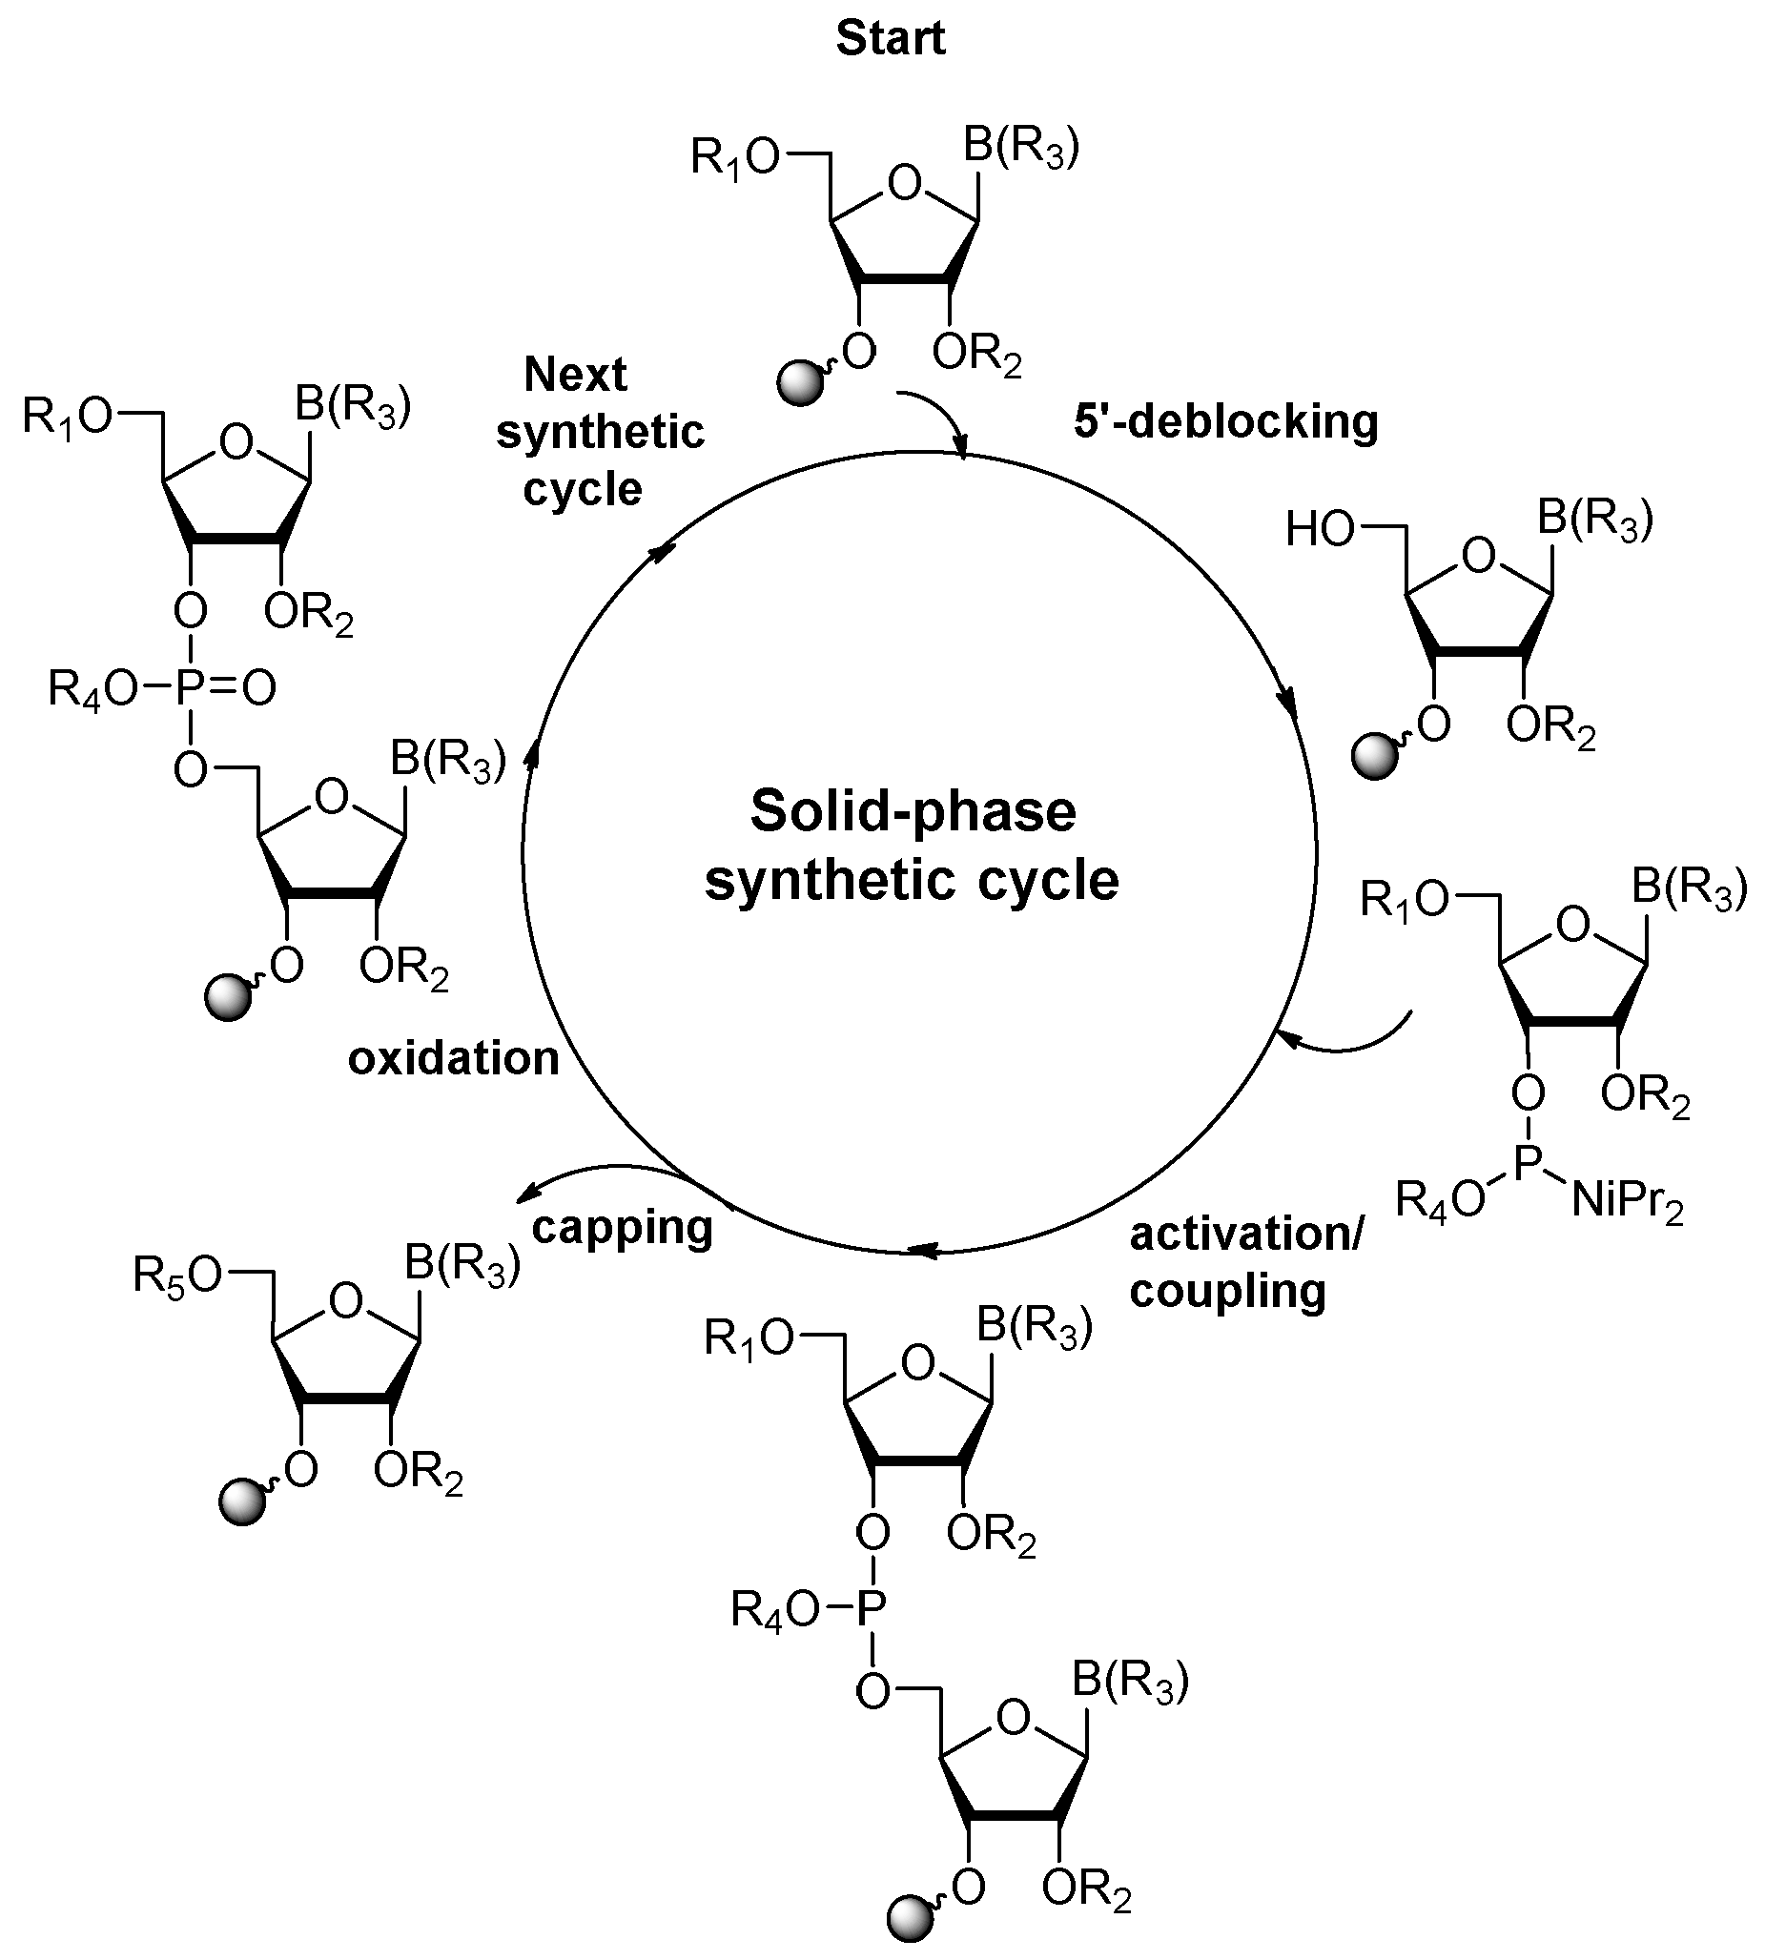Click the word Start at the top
tap(891, 39)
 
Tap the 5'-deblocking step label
tap(1226, 421)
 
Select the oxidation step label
tap(454, 1059)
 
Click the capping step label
tap(623, 1228)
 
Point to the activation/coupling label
tap(1245, 1263)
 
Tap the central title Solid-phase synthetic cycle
tap(912, 846)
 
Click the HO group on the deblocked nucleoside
tap(1319, 530)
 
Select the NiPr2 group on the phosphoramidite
tap(1627, 1203)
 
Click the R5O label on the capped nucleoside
tap(177, 1276)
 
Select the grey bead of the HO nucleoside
tap(1376, 757)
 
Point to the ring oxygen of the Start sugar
tap(904, 183)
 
